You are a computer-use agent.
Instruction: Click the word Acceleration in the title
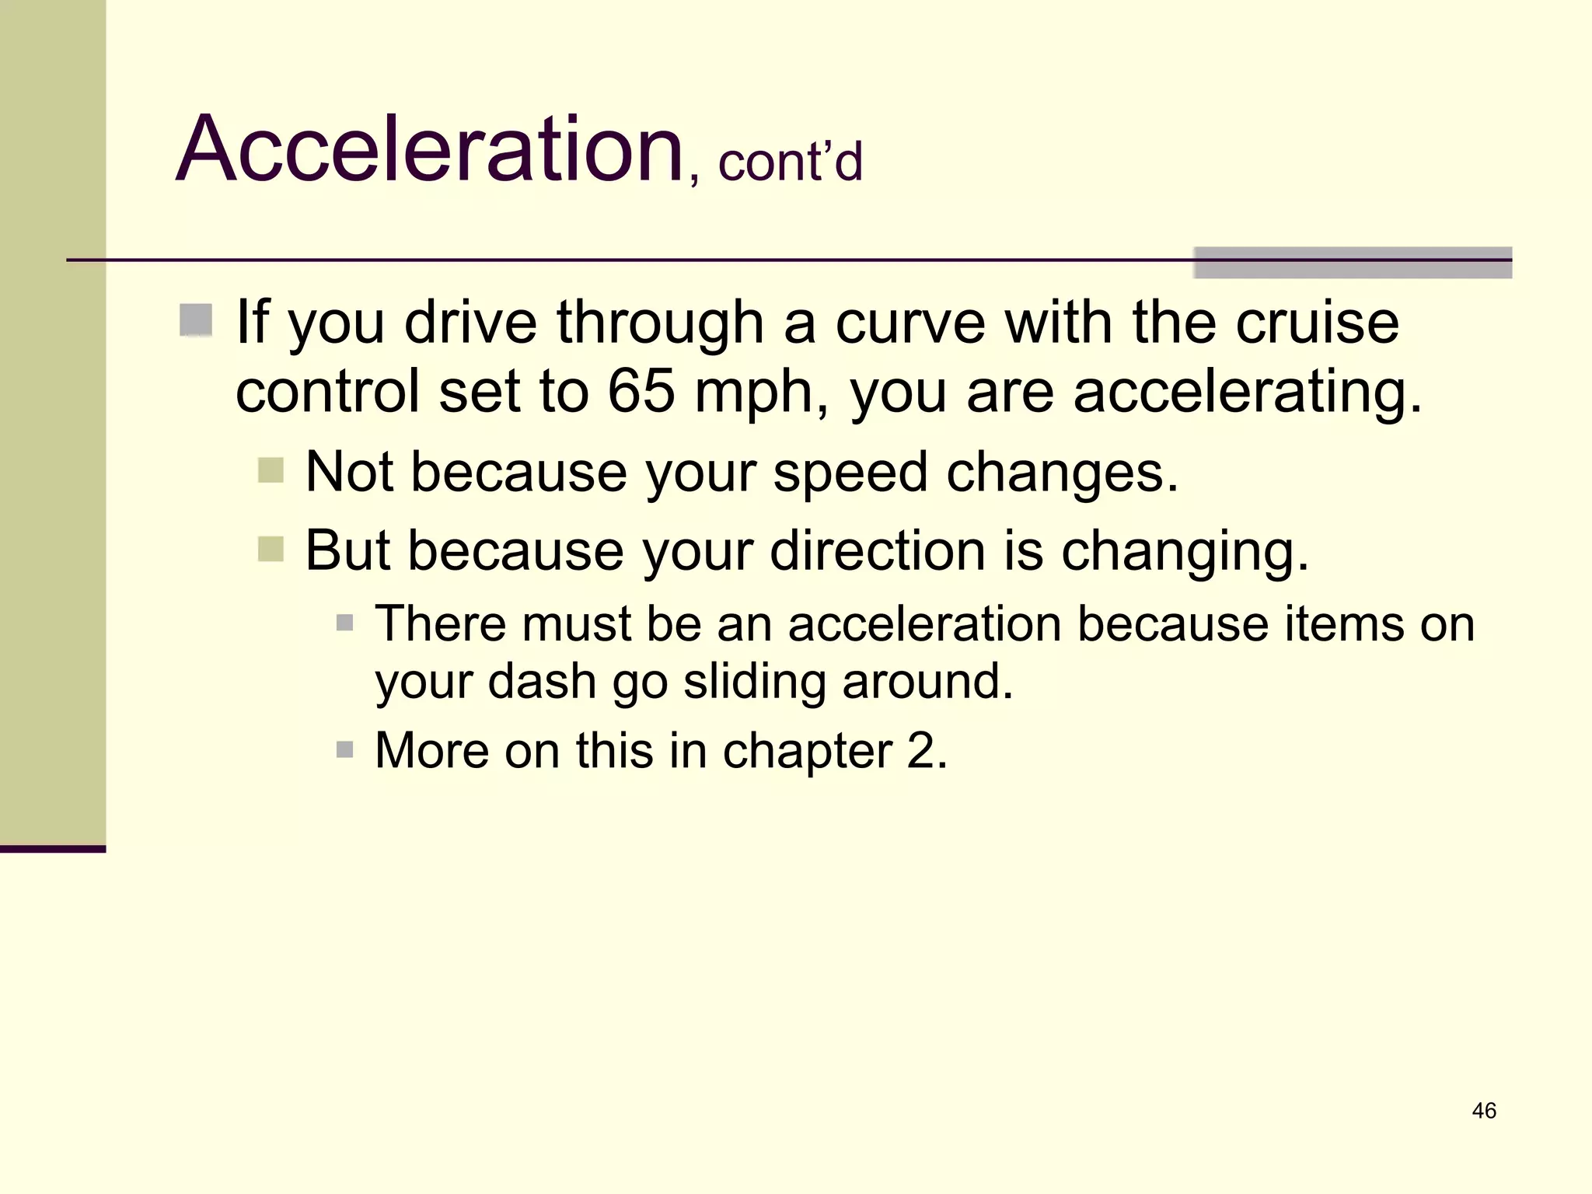[429, 149]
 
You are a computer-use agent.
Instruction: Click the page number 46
[1484, 1111]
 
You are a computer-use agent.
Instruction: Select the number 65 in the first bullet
[641, 391]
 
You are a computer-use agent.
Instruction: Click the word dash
[542, 681]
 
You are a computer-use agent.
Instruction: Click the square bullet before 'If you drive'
[196, 320]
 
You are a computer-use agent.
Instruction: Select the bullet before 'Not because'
[271, 470]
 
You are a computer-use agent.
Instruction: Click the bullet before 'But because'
[271, 549]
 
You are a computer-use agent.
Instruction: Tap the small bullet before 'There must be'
[345, 623]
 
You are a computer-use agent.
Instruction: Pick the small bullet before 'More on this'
[345, 749]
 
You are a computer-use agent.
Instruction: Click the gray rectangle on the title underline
[1353, 263]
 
